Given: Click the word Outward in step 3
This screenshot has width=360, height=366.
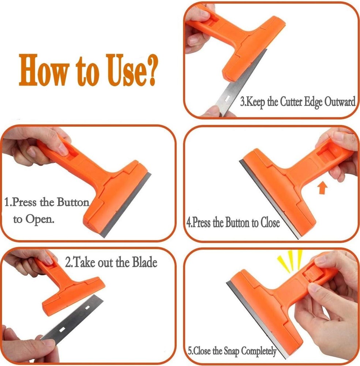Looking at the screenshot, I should pyautogui.click(x=340, y=102).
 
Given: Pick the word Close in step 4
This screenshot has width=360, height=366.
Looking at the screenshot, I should pyautogui.click(x=270, y=223).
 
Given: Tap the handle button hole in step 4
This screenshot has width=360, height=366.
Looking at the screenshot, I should pyautogui.click(x=326, y=150).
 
